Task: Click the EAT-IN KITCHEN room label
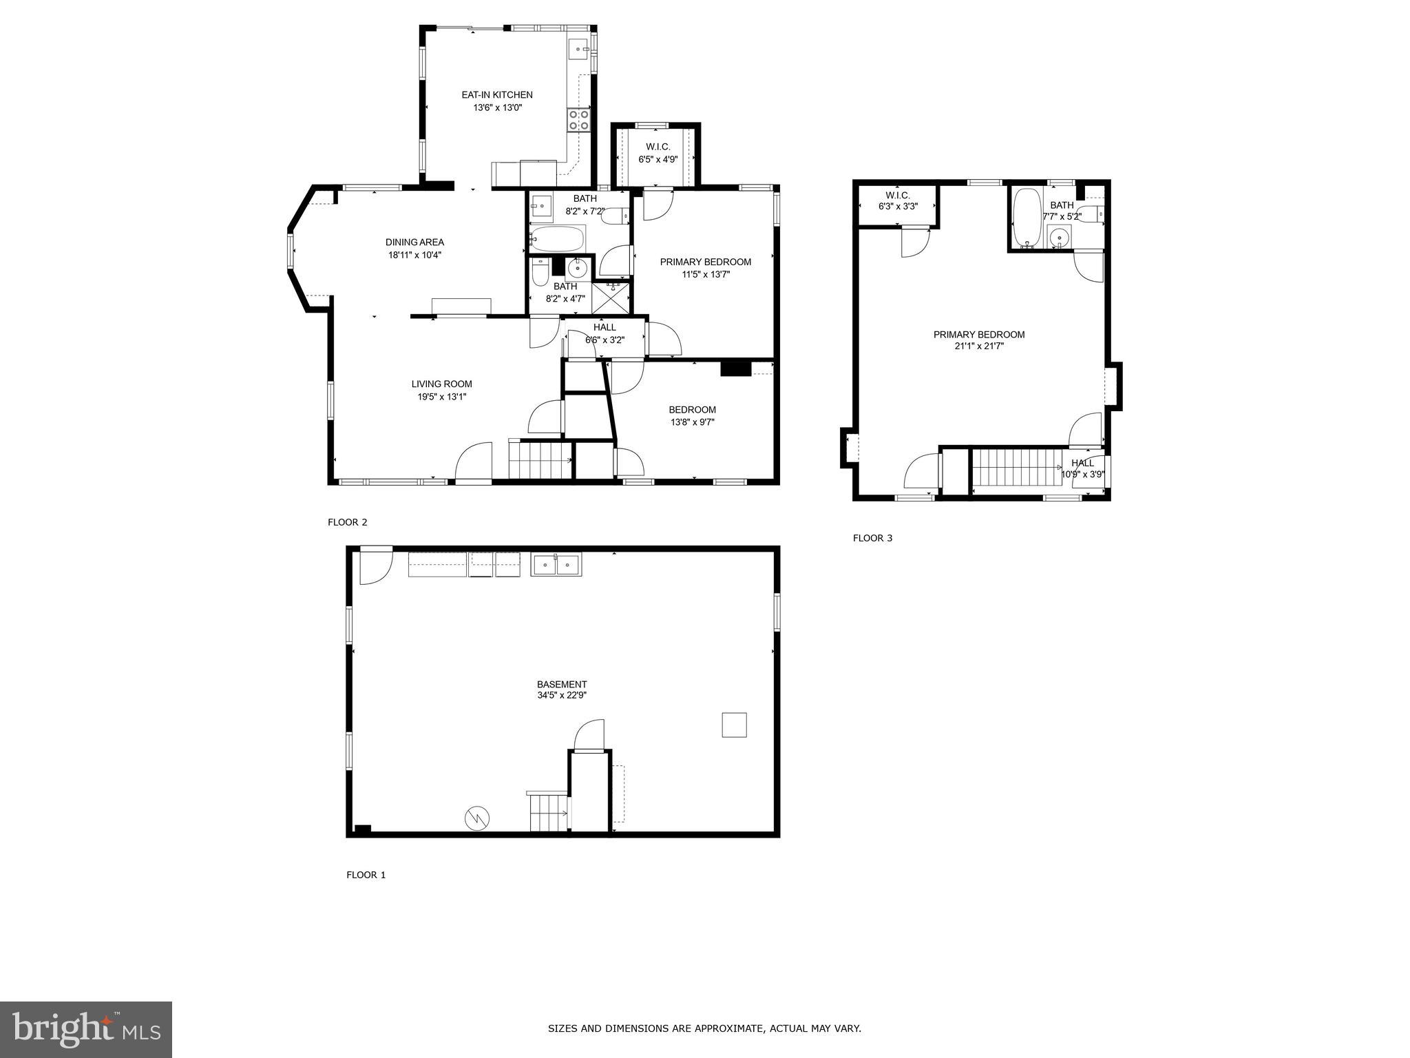click(x=496, y=95)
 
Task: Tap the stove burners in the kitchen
click(x=578, y=121)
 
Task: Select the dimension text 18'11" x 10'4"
click(x=414, y=255)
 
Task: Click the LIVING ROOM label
click(x=441, y=384)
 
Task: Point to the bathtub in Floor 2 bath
click(x=557, y=239)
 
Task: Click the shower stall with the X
click(x=611, y=298)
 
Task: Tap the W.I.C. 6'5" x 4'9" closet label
click(x=657, y=147)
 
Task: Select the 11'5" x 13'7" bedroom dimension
click(x=705, y=274)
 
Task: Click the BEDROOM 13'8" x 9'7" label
click(x=692, y=410)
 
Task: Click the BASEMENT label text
click(x=562, y=684)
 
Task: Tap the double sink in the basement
click(x=556, y=565)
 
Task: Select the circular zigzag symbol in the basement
click(x=477, y=818)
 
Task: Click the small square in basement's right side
click(x=734, y=725)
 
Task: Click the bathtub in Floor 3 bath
click(x=1027, y=217)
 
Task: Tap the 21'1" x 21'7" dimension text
click(x=979, y=346)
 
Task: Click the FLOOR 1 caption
click(x=366, y=875)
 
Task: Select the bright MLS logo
click(x=86, y=1029)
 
